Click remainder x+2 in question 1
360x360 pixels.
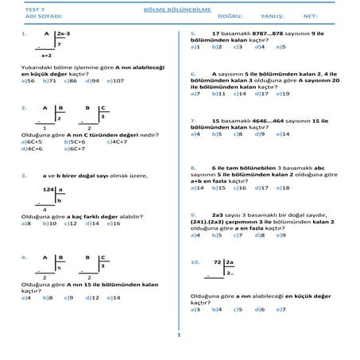[x=46, y=57]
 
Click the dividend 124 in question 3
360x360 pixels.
[x=48, y=190]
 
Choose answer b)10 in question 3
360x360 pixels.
[x=48, y=223]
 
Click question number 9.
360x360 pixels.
[x=194, y=215]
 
